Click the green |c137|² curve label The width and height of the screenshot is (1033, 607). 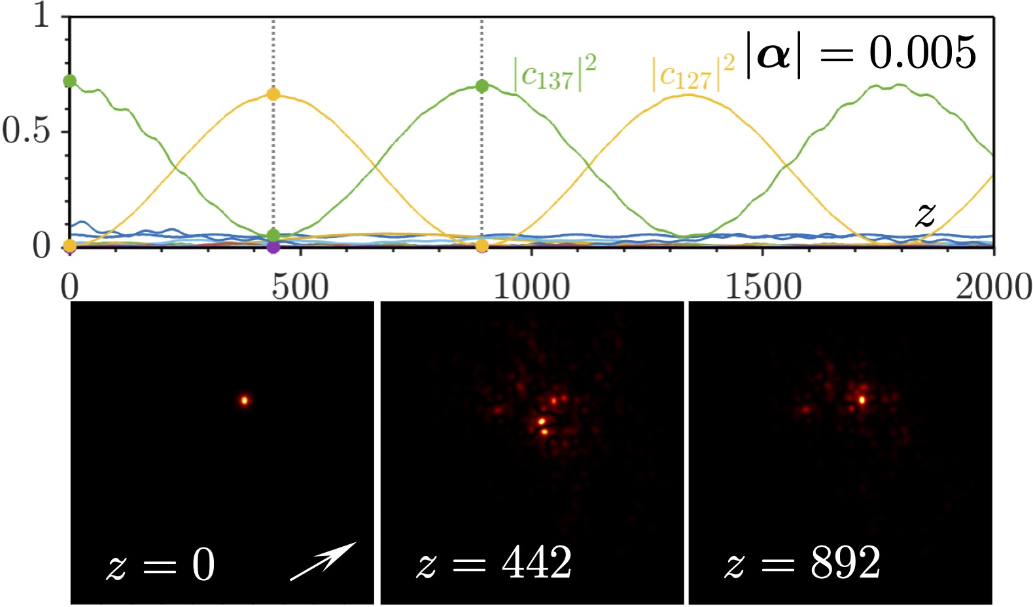click(555, 73)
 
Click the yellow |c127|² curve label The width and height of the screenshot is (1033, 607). click(693, 73)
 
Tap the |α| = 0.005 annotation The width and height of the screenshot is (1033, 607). click(861, 54)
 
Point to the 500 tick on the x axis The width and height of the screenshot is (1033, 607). click(300, 286)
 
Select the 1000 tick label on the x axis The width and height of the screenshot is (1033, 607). click(531, 286)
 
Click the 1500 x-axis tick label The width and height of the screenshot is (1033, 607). click(763, 286)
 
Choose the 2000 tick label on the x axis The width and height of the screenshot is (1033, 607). click(993, 286)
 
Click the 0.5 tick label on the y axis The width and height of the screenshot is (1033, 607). click(26, 131)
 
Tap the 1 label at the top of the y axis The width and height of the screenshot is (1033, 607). click(42, 14)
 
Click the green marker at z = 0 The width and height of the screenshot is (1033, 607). click(70, 81)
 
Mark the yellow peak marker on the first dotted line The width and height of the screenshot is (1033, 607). click(273, 94)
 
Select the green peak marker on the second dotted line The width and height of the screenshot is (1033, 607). click(482, 86)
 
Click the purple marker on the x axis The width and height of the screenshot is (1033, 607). click(273, 247)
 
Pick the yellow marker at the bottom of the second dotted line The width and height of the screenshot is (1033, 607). click(482, 246)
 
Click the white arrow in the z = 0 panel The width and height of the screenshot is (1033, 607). click(323, 561)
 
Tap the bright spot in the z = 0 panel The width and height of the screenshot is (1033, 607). click(245, 400)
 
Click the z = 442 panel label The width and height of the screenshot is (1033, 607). click(494, 563)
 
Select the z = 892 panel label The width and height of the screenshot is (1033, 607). click(803, 563)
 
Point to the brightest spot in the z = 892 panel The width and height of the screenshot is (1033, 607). click(862, 399)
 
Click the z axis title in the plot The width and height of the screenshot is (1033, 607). click(925, 215)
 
